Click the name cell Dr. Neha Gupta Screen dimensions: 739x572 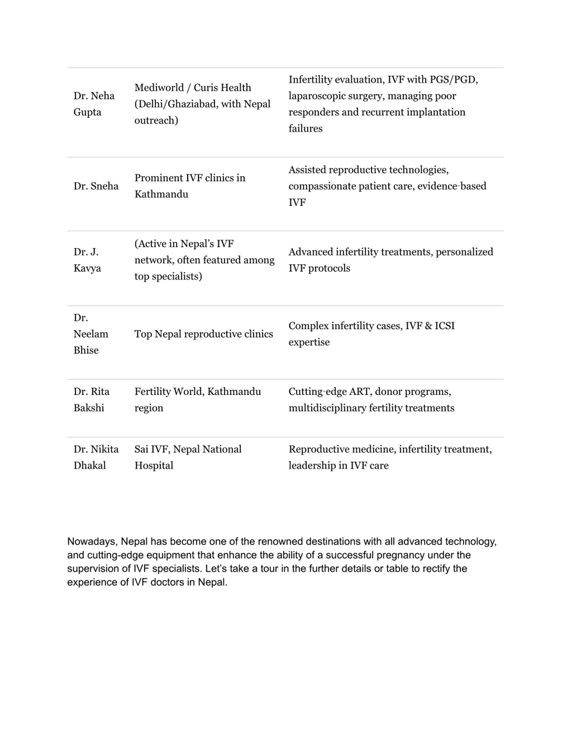click(94, 104)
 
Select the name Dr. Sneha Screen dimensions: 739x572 click(96, 186)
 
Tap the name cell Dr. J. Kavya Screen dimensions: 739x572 click(87, 260)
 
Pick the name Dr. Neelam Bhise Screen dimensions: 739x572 click(91, 334)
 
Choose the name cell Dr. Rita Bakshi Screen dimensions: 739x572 click(91, 400)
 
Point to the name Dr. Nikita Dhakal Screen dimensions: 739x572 click(96, 457)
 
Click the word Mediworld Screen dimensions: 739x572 click(159, 88)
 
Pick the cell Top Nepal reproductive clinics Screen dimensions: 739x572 click(204, 334)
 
